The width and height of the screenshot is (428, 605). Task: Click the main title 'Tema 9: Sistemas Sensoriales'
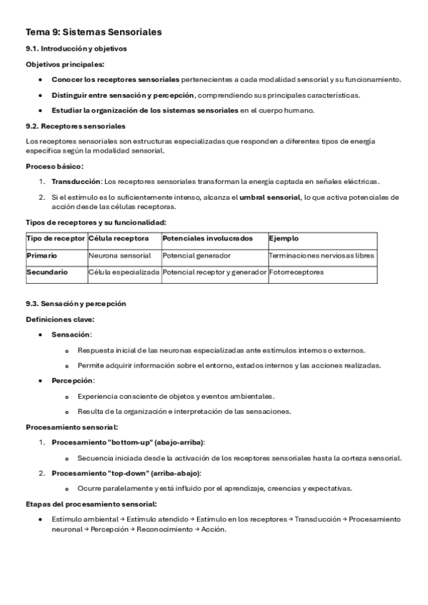click(x=94, y=32)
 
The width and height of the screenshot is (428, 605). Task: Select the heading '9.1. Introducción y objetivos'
click(x=76, y=49)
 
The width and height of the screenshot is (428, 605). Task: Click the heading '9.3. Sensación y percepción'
click(x=76, y=303)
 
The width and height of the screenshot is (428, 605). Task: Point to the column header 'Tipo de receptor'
click(x=56, y=238)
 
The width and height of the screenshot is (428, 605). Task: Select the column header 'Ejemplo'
click(x=284, y=238)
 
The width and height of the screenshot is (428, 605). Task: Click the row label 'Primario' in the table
click(x=42, y=255)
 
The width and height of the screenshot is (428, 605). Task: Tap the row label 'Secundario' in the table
click(x=47, y=272)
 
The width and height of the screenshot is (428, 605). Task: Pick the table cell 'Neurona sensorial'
click(x=120, y=255)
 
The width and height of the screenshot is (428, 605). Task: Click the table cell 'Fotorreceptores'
click(x=296, y=272)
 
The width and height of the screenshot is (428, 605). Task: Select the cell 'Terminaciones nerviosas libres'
click(x=322, y=255)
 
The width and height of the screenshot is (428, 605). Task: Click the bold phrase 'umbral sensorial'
click(x=270, y=196)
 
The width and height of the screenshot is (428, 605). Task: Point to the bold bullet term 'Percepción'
click(x=72, y=380)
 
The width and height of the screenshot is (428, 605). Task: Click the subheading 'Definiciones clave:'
click(x=60, y=319)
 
